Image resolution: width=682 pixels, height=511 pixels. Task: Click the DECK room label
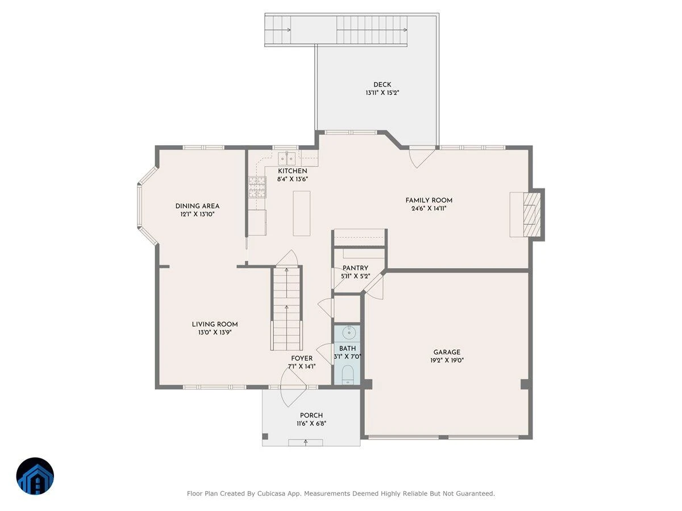pyautogui.click(x=382, y=85)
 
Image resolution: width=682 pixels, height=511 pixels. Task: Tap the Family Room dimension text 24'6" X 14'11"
pyautogui.click(x=429, y=208)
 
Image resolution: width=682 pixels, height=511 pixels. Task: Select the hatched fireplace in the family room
pyautogui.click(x=532, y=214)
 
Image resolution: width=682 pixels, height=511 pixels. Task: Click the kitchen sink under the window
pyautogui.click(x=286, y=158)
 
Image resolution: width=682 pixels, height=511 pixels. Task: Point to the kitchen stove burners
pyautogui.click(x=257, y=187)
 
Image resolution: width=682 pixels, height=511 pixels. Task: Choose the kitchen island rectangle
pyautogui.click(x=301, y=213)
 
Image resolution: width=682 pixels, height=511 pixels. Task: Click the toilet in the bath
pyautogui.click(x=347, y=375)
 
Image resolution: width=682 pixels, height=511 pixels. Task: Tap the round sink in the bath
pyautogui.click(x=349, y=333)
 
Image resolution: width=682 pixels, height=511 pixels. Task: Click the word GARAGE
pyautogui.click(x=447, y=352)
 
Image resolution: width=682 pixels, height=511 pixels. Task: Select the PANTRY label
pyautogui.click(x=355, y=268)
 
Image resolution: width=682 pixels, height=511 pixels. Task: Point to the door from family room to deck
pyautogui.click(x=421, y=158)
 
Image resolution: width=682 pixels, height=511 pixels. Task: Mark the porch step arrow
pyautogui.click(x=305, y=442)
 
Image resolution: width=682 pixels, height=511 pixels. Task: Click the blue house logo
pyautogui.click(x=35, y=476)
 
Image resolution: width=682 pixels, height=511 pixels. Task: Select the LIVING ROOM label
pyautogui.click(x=215, y=324)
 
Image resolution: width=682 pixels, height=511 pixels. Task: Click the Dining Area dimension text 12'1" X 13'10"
pyautogui.click(x=198, y=214)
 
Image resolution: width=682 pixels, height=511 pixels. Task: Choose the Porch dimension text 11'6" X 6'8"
pyautogui.click(x=311, y=423)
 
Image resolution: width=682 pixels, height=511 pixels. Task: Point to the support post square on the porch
pyautogui.click(x=265, y=436)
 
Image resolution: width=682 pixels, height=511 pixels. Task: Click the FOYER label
pyautogui.click(x=302, y=358)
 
